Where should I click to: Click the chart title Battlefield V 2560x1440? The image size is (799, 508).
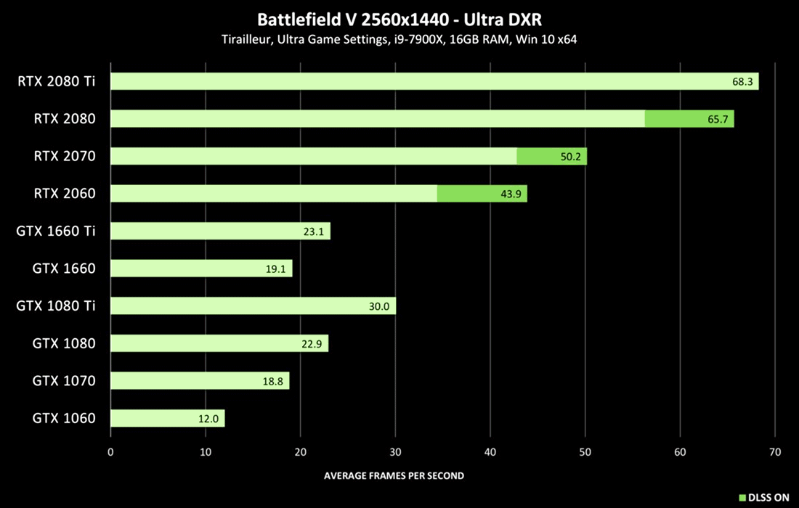(x=399, y=18)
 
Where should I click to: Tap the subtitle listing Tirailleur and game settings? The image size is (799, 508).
(x=399, y=39)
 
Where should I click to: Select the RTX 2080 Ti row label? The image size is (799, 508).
(x=57, y=81)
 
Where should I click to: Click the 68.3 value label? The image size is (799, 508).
(x=742, y=81)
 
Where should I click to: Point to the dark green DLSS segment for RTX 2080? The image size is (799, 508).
(x=689, y=118)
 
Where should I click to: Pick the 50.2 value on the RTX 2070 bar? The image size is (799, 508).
(x=570, y=156)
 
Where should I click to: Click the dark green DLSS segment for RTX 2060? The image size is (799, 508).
(x=482, y=194)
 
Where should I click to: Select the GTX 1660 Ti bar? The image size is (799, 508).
(x=220, y=232)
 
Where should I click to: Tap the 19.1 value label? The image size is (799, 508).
(x=277, y=269)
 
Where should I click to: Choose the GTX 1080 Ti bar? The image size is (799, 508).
(x=253, y=306)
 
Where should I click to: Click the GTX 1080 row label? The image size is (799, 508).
(x=64, y=343)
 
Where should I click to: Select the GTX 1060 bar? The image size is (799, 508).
(x=167, y=418)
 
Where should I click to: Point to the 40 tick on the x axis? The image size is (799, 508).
(x=490, y=451)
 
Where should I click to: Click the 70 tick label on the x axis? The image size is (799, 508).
(x=775, y=451)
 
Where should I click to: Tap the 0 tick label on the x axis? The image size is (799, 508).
(x=110, y=451)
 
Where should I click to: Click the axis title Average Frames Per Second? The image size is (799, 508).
(x=394, y=476)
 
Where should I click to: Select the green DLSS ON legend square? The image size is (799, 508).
(x=742, y=497)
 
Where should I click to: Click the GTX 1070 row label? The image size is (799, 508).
(x=64, y=381)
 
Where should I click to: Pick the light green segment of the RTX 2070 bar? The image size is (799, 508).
(x=313, y=156)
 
